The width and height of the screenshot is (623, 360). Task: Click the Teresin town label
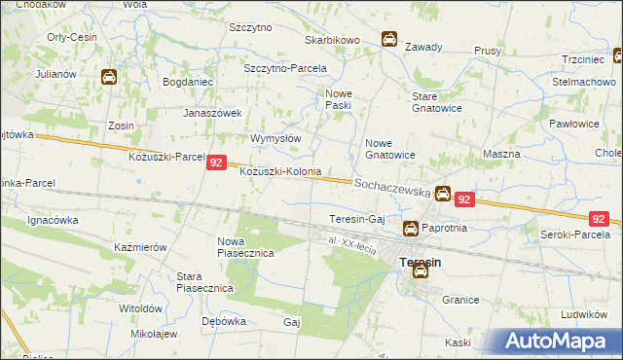420,262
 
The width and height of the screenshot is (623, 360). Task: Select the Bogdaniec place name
188,82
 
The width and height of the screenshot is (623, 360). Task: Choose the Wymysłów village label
275,138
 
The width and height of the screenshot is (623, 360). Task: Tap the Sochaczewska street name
392,188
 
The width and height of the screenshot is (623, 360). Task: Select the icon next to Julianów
109,77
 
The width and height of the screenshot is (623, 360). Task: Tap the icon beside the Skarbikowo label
388,40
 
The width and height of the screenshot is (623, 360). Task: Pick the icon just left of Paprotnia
411,229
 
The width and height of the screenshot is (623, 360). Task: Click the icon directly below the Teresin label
420,272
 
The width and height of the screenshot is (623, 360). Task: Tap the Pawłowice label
573,124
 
